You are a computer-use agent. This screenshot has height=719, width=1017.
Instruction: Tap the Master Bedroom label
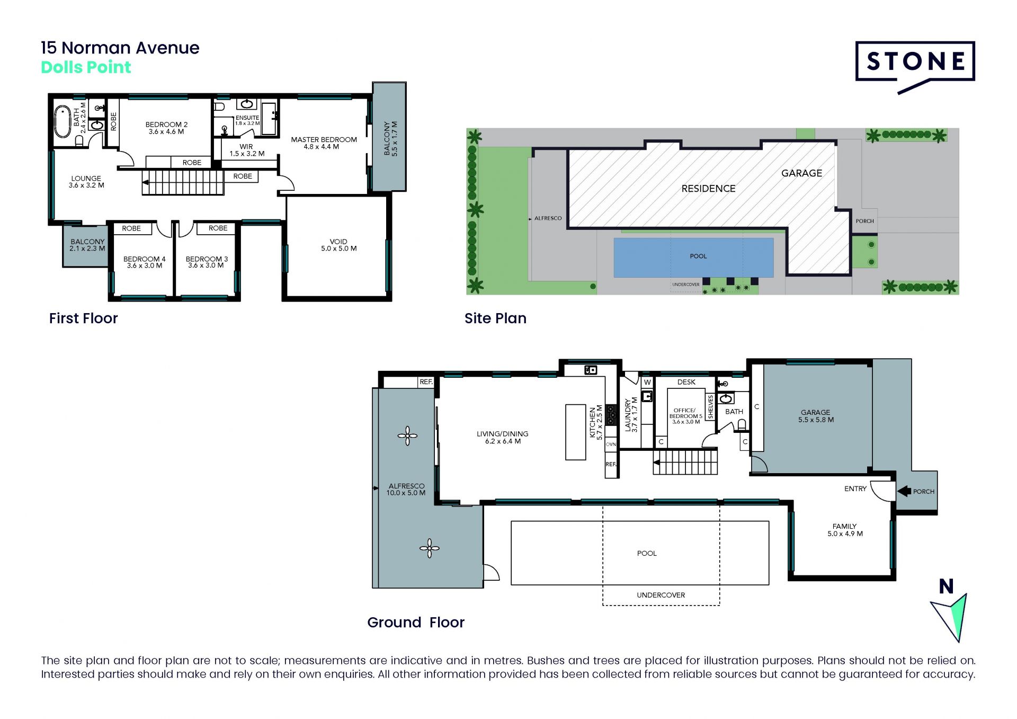[324, 143]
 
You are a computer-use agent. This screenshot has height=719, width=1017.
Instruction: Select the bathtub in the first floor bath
[63, 121]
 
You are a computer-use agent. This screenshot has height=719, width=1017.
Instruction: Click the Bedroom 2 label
[166, 128]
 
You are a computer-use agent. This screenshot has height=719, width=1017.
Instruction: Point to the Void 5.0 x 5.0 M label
[338, 245]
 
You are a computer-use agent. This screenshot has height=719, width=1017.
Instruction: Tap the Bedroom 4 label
[145, 262]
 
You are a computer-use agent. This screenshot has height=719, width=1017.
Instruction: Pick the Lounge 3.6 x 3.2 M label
[86, 182]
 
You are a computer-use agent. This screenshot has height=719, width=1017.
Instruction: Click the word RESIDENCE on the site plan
[708, 189]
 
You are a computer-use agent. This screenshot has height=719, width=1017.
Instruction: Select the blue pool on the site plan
[693, 258]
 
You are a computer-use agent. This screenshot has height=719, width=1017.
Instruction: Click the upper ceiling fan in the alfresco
[407, 436]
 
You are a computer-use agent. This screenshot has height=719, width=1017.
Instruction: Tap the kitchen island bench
[575, 432]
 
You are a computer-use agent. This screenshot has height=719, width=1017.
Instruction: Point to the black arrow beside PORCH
[904, 491]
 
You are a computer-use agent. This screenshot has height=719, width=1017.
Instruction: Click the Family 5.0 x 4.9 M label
[845, 530]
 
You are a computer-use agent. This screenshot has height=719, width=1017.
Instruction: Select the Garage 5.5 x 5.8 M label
[816, 416]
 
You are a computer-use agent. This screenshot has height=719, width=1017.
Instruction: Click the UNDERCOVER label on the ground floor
[661, 595]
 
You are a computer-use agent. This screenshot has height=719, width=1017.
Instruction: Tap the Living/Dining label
[502, 437]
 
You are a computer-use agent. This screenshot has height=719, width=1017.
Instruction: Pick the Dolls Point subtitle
[86, 67]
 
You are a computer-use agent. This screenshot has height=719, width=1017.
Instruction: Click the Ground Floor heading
[416, 622]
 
